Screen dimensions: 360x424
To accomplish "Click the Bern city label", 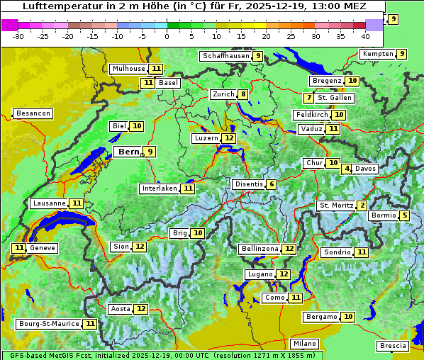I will click(128, 152).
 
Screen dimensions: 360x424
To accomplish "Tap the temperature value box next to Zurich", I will click(243, 94).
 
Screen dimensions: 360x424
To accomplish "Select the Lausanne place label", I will click(50, 203).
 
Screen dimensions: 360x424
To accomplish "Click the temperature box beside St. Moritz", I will click(362, 206).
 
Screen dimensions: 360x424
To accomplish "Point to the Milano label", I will click(305, 344).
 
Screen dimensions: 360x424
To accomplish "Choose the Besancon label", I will click(33, 113).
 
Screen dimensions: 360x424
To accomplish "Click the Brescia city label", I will click(393, 346).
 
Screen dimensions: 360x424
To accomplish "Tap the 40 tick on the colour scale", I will click(365, 35).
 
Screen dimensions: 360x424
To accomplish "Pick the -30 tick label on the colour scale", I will click(18, 35).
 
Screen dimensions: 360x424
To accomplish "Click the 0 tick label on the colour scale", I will click(167, 35).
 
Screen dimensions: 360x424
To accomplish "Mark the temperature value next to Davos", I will click(347, 169).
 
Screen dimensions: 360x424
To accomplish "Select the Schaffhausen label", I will click(225, 56).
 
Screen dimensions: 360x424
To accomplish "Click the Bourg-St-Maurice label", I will click(48, 324).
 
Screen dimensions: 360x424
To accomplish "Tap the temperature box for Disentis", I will click(272, 184).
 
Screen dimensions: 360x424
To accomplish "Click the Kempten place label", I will click(378, 54).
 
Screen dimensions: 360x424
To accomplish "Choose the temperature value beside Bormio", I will click(405, 215).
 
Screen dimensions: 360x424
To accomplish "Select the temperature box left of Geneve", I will click(18, 248).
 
